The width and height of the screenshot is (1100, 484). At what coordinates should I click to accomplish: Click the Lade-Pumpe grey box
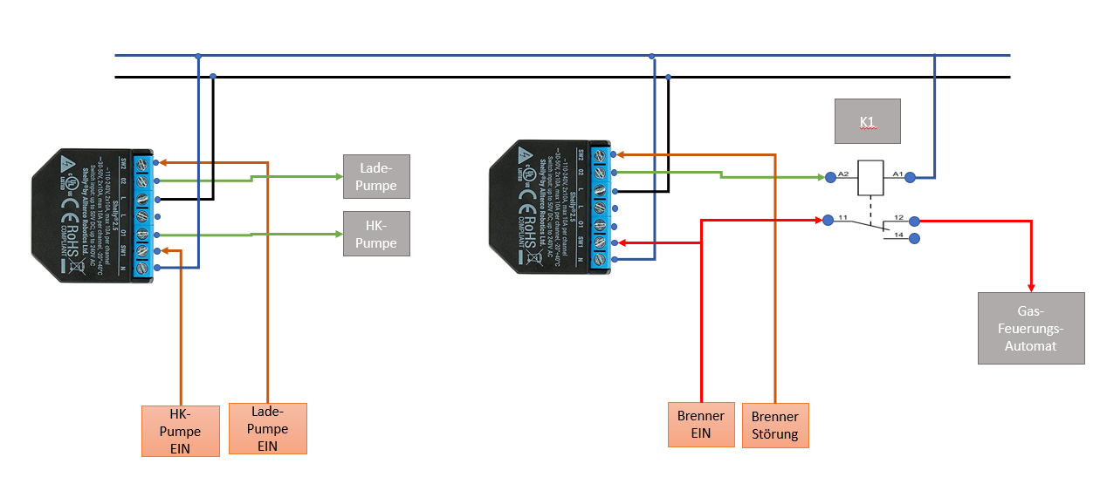(x=376, y=177)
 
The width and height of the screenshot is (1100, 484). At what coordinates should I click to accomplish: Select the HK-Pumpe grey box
(x=376, y=234)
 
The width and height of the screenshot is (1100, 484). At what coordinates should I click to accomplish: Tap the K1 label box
(x=867, y=121)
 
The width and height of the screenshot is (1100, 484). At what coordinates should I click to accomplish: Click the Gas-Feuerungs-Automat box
(x=1031, y=327)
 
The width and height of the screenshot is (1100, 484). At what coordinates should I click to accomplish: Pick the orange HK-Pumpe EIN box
(x=180, y=430)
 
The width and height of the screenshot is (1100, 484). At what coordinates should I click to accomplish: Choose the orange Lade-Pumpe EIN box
(x=267, y=428)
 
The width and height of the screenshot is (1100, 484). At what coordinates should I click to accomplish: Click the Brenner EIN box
(x=700, y=425)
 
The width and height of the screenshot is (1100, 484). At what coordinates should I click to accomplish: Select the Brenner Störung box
(x=774, y=426)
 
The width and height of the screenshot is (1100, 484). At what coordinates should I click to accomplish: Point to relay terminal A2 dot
(x=829, y=177)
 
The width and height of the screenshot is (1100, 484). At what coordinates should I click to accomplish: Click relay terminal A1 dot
(x=910, y=178)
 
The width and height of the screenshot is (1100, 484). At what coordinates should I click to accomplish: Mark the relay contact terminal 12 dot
(x=913, y=222)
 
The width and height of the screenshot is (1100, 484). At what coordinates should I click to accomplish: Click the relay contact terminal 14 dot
(x=913, y=238)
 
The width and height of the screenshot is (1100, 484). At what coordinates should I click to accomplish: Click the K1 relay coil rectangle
(x=870, y=177)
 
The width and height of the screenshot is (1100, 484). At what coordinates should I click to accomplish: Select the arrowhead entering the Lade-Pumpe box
(x=338, y=177)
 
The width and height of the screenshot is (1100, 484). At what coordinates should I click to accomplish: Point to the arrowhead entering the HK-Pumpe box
(x=338, y=234)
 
